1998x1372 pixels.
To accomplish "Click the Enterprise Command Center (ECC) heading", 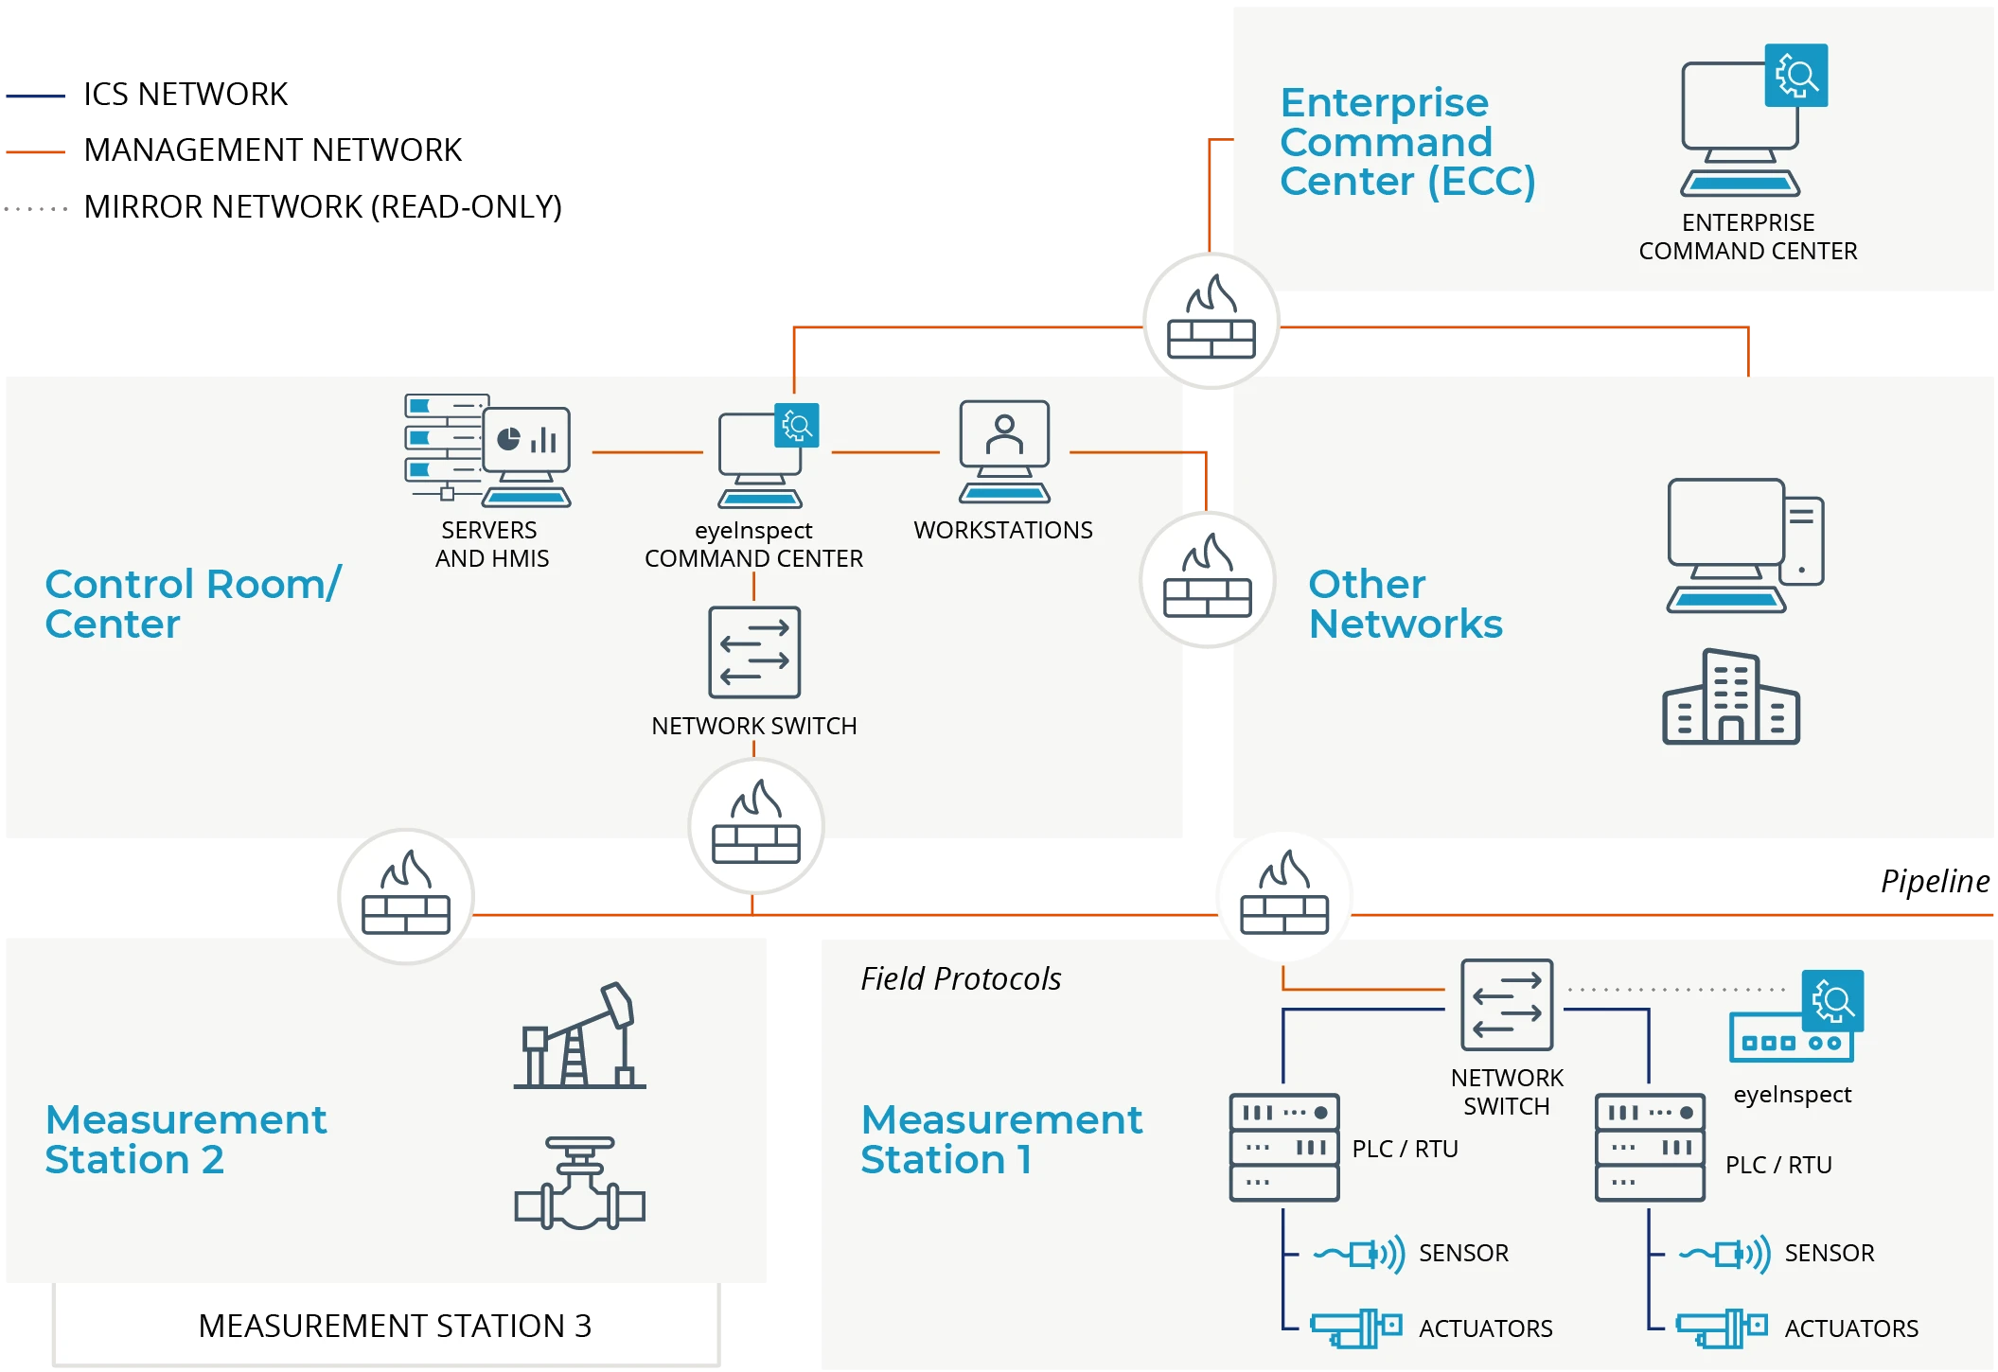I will pyautogui.click(x=1406, y=142).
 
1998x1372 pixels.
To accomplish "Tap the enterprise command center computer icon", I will pyautogui.click(x=1746, y=123).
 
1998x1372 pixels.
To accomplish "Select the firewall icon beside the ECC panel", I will pyautogui.click(x=1211, y=320).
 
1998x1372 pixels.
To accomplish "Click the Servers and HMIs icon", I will pyautogui.click(x=487, y=451).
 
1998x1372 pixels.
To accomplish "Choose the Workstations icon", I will pyautogui.click(x=1004, y=451).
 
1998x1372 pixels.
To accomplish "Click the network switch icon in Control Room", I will pyautogui.click(x=754, y=652).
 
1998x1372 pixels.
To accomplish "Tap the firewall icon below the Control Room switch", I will pyautogui.click(x=756, y=825).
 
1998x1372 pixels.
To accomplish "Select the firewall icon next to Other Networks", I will pyautogui.click(x=1208, y=579).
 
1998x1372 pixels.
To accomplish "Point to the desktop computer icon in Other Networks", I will pyautogui.click(x=1743, y=546).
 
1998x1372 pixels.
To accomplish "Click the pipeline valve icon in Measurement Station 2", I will pyautogui.click(x=580, y=1184).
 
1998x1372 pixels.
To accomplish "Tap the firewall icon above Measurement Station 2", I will pyautogui.click(x=406, y=896).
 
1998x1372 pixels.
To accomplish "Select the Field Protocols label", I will pyautogui.click(x=961, y=978).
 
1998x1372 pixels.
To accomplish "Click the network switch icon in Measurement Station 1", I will pyautogui.click(x=1507, y=1005).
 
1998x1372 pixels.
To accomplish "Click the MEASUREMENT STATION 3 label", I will pyautogui.click(x=395, y=1326).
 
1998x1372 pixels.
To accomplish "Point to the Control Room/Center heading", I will pyautogui.click(x=193, y=604).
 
